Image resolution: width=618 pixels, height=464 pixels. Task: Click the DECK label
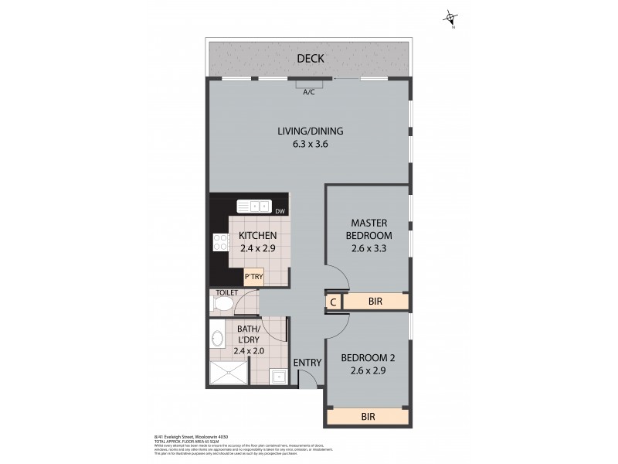click(309, 59)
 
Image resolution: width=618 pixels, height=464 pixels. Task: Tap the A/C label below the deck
click(308, 92)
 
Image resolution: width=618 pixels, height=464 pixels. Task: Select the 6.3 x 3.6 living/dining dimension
click(310, 144)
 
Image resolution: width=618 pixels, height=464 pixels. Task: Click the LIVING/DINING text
click(310, 131)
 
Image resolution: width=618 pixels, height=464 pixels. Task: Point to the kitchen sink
click(253, 206)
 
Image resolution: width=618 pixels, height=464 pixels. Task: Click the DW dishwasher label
click(280, 210)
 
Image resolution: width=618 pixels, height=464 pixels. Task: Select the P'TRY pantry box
click(254, 276)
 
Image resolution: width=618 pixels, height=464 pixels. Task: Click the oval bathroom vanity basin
click(217, 338)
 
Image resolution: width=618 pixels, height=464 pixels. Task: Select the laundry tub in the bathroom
click(278, 377)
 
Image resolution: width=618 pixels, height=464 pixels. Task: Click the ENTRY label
click(307, 363)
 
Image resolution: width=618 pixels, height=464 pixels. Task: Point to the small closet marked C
click(332, 302)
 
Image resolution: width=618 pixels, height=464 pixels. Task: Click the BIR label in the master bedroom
click(375, 302)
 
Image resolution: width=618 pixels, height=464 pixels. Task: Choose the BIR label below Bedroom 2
click(368, 417)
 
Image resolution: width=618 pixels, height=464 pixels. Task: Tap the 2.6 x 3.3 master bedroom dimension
click(368, 249)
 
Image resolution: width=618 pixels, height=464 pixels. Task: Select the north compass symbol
click(451, 17)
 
